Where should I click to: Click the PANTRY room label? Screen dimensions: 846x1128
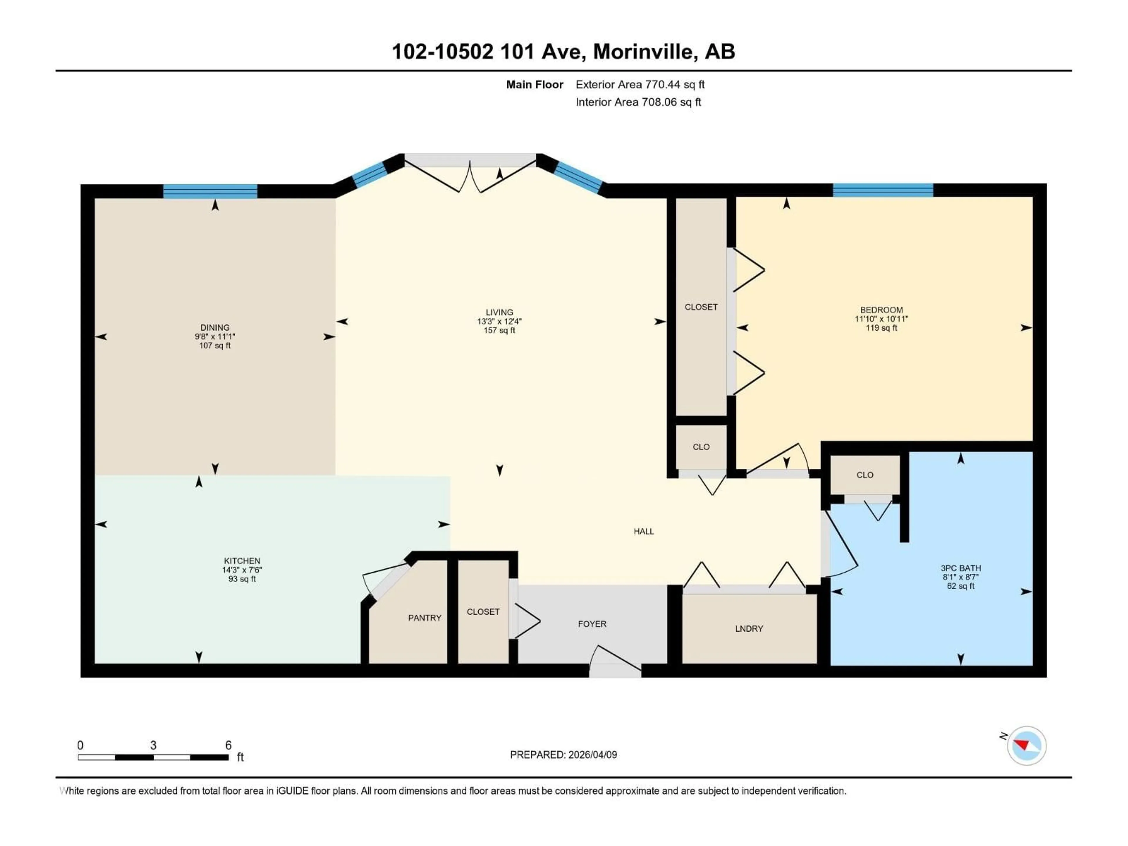tap(424, 617)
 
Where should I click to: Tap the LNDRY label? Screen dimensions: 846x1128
tap(748, 629)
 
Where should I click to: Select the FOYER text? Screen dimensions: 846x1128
tap(592, 624)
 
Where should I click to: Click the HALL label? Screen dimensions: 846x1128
tap(644, 531)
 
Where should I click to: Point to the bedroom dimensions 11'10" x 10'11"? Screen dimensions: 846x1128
tap(881, 319)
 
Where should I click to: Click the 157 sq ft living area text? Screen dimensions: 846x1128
tap(499, 330)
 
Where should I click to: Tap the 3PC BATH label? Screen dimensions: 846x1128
tap(960, 568)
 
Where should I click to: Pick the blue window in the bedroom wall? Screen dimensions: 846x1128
tap(883, 190)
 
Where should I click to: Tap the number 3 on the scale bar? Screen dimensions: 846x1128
tap(153, 745)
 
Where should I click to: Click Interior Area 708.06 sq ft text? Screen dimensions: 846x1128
tap(638, 102)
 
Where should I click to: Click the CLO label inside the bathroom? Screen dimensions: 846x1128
tap(865, 475)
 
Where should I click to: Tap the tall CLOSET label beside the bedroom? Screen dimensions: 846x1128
tap(701, 307)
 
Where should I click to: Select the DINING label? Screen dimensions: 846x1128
tap(215, 328)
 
